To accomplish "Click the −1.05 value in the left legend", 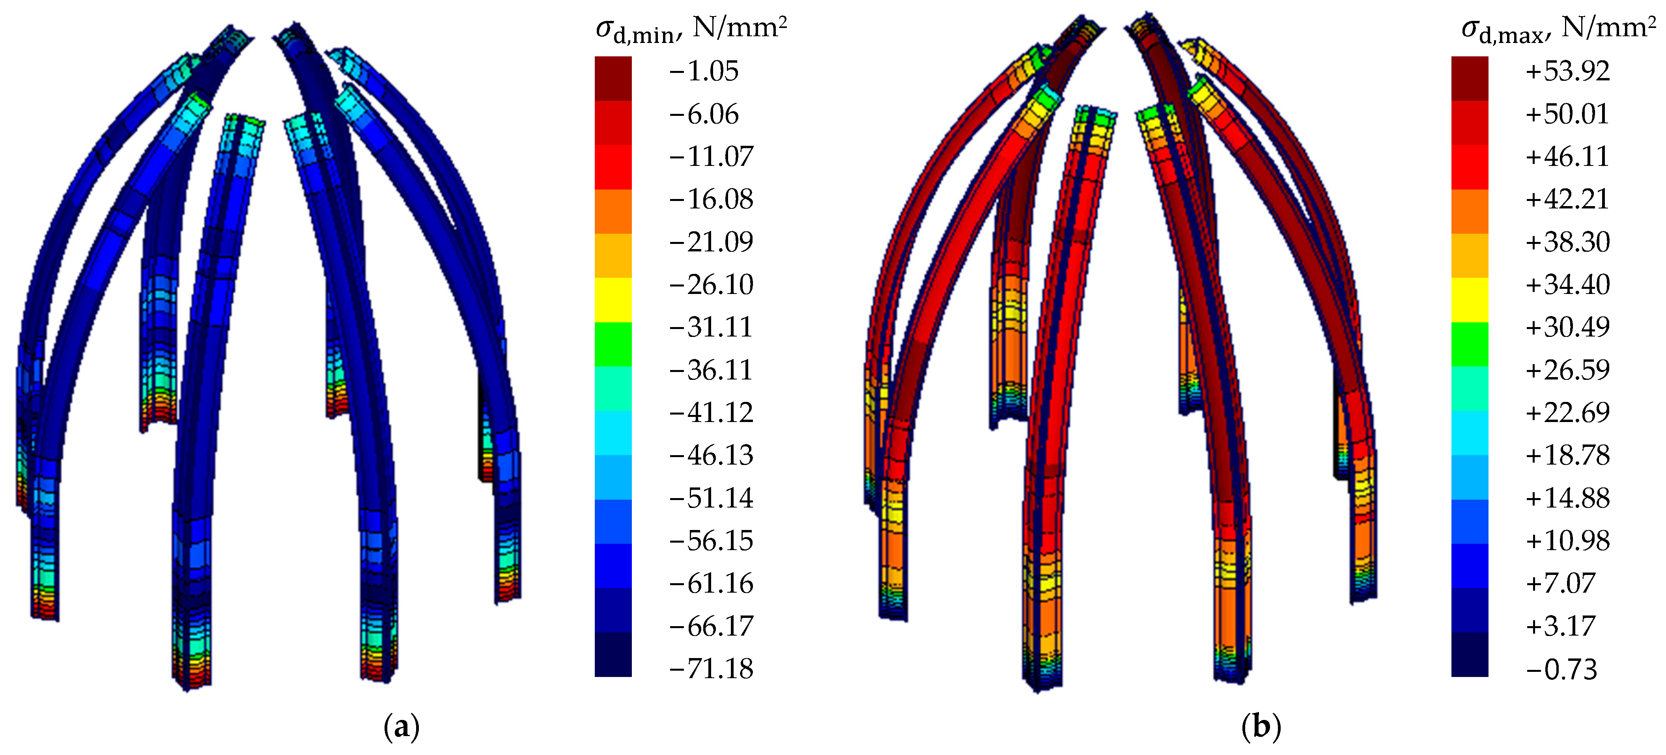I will (x=704, y=71).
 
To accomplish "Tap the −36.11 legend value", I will (x=711, y=370).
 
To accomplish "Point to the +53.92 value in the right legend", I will (x=1567, y=71).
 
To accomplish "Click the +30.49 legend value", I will (x=1567, y=327).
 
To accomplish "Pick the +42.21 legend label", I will (x=1567, y=199).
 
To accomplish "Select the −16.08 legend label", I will (x=711, y=199).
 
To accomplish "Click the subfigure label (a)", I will (x=402, y=727).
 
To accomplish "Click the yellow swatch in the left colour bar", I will (x=613, y=300).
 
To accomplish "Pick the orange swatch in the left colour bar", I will (x=613, y=211).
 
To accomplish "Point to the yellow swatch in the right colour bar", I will (x=1470, y=300).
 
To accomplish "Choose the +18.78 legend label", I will (x=1567, y=456).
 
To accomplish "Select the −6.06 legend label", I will (x=704, y=114).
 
